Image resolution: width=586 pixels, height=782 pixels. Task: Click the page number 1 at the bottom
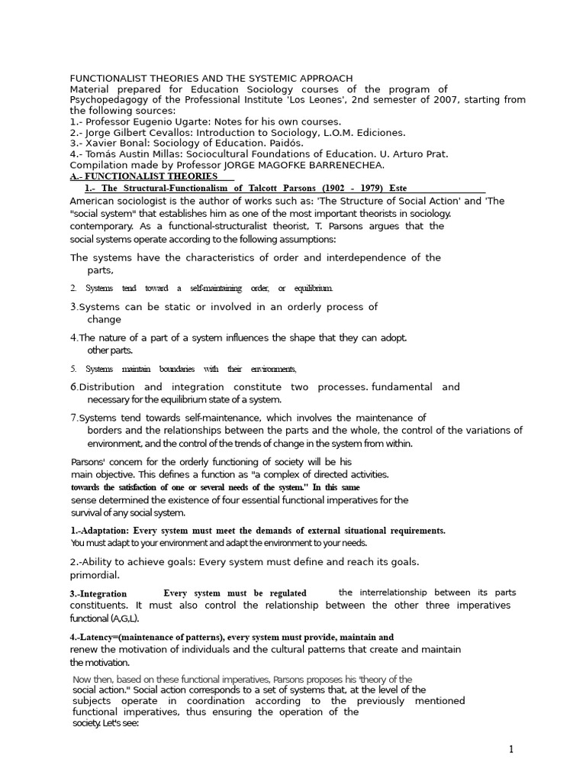511,749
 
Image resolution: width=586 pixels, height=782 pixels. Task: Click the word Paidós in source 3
285,143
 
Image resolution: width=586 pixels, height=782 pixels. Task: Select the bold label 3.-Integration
98,593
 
